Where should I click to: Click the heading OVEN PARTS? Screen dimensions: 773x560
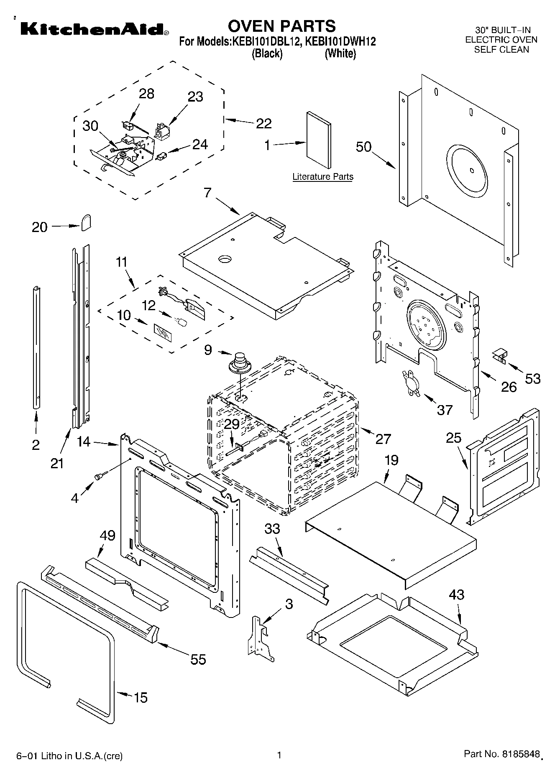click(x=281, y=26)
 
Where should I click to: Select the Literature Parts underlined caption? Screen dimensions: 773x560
click(x=322, y=177)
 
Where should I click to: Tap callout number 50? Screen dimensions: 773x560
click(x=363, y=147)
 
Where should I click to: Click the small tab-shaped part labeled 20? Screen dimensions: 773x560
click(x=86, y=222)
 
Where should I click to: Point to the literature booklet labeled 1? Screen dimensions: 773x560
click(x=318, y=136)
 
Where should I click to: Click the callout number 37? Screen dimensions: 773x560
click(x=445, y=410)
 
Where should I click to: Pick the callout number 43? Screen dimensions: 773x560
click(x=457, y=594)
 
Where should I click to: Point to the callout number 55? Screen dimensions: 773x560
click(x=198, y=659)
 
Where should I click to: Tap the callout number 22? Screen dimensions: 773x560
click(x=264, y=123)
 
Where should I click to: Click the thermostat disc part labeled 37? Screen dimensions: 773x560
click(x=409, y=381)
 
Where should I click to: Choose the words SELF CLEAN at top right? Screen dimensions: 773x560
click(x=501, y=49)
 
